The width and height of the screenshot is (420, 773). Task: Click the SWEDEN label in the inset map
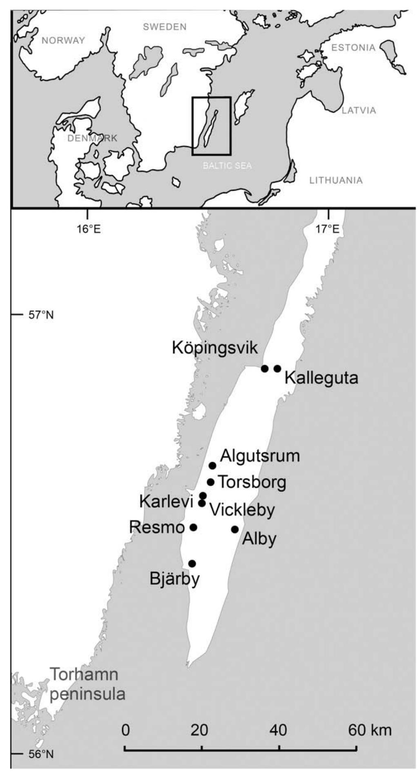click(165, 27)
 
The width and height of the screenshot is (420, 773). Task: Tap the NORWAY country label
click(63, 40)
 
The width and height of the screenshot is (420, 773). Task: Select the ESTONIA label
click(353, 48)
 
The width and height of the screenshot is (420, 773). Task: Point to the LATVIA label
click(359, 110)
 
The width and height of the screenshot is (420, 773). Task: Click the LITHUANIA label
click(336, 180)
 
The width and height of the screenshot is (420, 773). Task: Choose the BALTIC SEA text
click(227, 166)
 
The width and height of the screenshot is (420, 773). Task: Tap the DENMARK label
click(92, 138)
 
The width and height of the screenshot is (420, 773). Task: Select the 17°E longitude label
click(328, 229)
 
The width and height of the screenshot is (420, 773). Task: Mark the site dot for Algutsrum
click(212, 466)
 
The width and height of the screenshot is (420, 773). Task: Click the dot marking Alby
click(235, 529)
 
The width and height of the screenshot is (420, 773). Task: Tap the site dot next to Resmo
click(194, 528)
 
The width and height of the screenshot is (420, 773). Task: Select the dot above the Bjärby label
click(192, 564)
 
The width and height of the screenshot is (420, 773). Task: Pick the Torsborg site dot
click(210, 482)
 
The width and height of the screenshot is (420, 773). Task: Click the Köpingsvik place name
click(215, 348)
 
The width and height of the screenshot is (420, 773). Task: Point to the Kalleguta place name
click(321, 378)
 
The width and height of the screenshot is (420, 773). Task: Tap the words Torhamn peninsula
click(87, 684)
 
